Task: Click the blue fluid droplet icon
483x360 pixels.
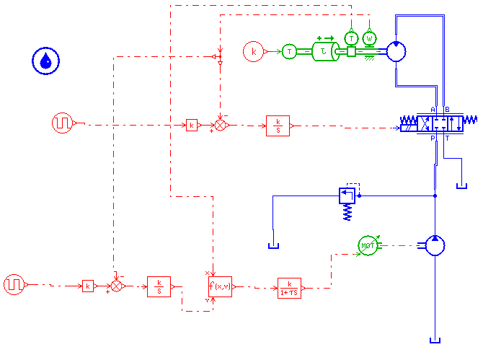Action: (x=45, y=61)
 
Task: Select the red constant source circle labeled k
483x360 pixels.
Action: (x=253, y=51)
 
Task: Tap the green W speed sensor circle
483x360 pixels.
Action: (x=370, y=38)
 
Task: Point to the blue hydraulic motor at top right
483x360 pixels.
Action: (x=397, y=51)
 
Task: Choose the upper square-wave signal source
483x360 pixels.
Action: (x=62, y=123)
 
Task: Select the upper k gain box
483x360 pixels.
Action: (x=191, y=125)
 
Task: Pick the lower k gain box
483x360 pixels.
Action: (x=87, y=286)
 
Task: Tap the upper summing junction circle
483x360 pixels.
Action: (x=221, y=125)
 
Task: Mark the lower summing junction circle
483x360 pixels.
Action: (x=118, y=286)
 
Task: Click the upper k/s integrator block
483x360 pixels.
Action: (x=278, y=125)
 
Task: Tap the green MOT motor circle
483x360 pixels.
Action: (x=368, y=245)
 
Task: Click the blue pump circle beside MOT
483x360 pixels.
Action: (x=435, y=245)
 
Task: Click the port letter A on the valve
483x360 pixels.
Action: (x=433, y=110)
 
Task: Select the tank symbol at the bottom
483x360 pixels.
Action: (x=434, y=341)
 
